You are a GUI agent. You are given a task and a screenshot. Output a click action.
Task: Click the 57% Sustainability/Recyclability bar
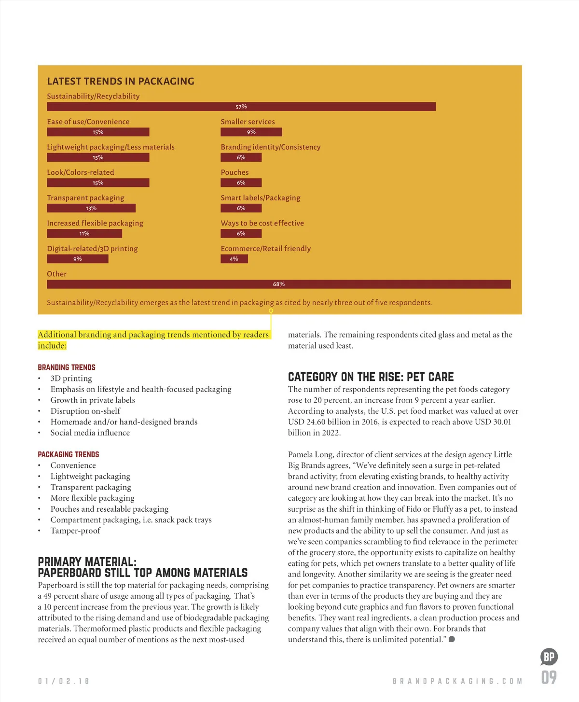[x=241, y=107]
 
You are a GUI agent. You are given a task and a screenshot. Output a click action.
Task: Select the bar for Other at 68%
[x=278, y=284]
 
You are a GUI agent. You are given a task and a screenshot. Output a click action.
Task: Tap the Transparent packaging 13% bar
[x=91, y=208]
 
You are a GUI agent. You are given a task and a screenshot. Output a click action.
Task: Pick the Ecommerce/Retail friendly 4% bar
[x=234, y=259]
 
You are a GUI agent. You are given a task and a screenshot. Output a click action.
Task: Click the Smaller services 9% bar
[x=251, y=132]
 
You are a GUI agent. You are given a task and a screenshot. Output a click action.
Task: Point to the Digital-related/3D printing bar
[x=78, y=259]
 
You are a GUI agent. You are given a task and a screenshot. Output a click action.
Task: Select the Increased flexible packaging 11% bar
[x=84, y=234]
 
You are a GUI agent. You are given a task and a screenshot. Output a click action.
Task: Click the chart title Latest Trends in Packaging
[x=121, y=81]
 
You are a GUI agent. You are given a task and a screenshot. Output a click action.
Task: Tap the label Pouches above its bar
[x=234, y=172]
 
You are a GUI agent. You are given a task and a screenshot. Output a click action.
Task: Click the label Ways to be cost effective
[x=262, y=223]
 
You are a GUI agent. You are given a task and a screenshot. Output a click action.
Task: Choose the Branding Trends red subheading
[x=67, y=367]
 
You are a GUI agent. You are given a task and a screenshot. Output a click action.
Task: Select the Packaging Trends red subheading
[x=69, y=454]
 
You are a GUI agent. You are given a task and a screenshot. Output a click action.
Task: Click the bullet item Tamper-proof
[x=75, y=531]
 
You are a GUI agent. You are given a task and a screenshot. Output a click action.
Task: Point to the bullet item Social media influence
[x=90, y=433]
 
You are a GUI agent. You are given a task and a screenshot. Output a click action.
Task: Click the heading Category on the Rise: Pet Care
[x=371, y=377]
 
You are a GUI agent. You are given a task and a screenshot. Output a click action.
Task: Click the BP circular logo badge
[x=549, y=657]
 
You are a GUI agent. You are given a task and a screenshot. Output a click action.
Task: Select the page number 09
[x=549, y=677]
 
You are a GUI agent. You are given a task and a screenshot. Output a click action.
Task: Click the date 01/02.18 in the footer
[x=64, y=681]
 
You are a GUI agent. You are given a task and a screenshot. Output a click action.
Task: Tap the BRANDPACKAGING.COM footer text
[x=457, y=681]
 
